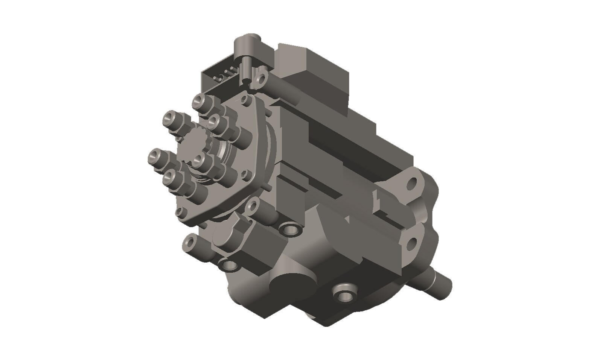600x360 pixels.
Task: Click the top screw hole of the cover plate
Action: (x=246, y=100)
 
